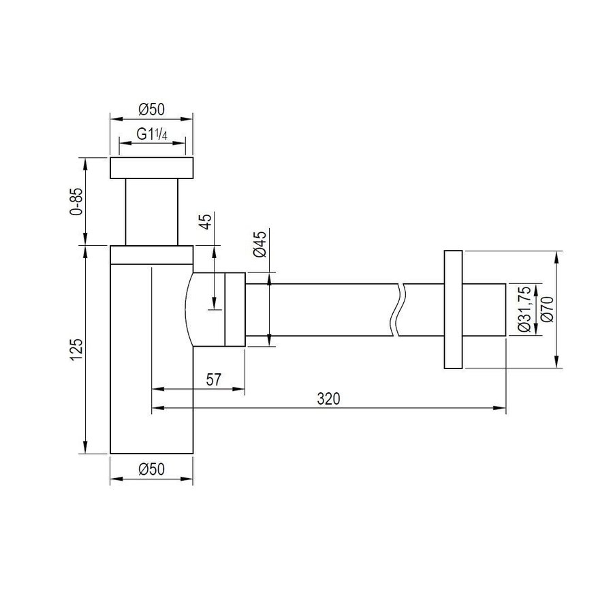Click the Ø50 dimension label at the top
tap(152, 110)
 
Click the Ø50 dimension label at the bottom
tap(152, 469)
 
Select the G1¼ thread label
tap(152, 134)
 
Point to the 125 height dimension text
tap(76, 349)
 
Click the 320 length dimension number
tap(328, 398)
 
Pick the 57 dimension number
tap(213, 379)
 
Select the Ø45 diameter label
tap(260, 245)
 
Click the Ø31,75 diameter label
tap(524, 309)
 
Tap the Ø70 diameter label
tap(548, 309)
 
